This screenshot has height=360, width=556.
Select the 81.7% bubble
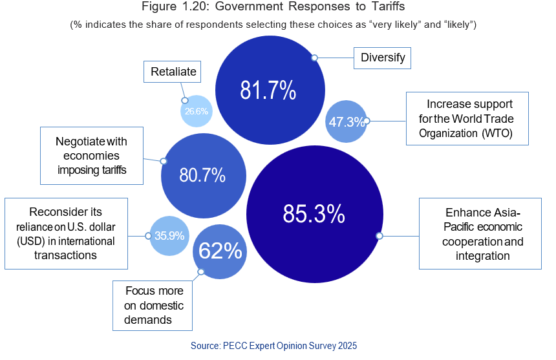coord(268,90)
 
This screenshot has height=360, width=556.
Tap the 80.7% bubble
coord(203,175)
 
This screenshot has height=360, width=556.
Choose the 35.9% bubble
coord(169,235)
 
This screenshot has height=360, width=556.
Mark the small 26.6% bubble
coord(196,111)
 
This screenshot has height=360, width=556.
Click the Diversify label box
coord(383,58)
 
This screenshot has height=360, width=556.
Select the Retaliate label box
coord(173,72)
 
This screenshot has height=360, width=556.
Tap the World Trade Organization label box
coord(467,119)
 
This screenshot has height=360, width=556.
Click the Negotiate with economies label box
coord(91,156)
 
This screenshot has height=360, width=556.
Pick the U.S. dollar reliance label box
coord(66,233)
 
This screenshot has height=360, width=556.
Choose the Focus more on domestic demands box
coord(153,305)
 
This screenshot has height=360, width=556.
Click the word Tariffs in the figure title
coord(386,8)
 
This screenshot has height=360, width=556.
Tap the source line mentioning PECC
coord(273,346)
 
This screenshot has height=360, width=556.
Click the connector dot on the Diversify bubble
coord(314,58)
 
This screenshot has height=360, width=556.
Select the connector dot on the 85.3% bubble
coord(380,236)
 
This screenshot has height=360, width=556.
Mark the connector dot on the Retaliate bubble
coord(184,100)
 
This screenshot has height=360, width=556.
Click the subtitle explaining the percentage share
coord(273,25)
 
